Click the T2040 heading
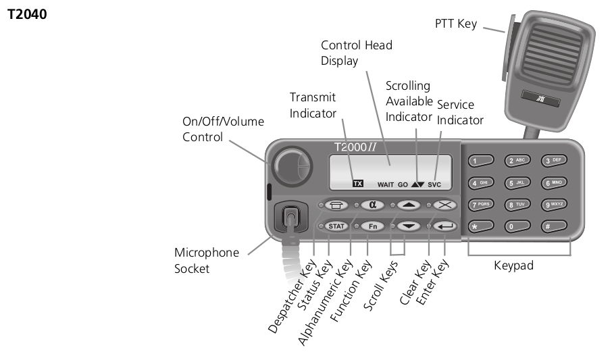click(x=27, y=14)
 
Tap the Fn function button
click(x=372, y=226)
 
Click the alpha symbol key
click(x=372, y=205)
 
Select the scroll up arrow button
click(x=408, y=205)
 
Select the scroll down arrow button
click(x=408, y=226)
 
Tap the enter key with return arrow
click(x=445, y=226)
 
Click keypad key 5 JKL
click(x=518, y=182)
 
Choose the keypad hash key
click(x=554, y=226)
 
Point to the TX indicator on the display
click(x=358, y=183)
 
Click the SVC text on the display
click(x=434, y=184)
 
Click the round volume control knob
click(x=292, y=165)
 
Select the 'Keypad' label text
click(x=514, y=265)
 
